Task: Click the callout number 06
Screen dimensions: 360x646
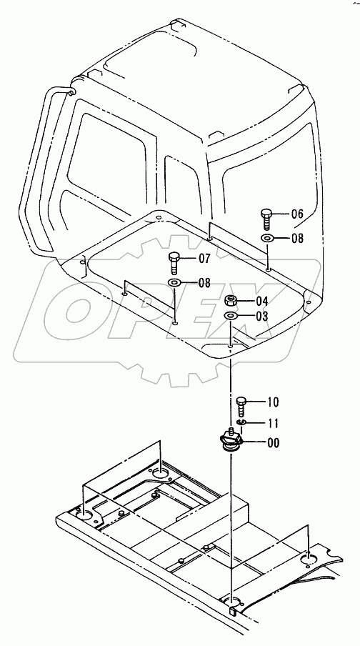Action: [x=297, y=214]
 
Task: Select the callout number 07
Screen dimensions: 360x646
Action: [x=204, y=259]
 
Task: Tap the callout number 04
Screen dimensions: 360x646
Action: [x=262, y=301]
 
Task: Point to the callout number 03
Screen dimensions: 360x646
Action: [x=262, y=317]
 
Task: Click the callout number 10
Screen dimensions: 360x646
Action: [x=273, y=402]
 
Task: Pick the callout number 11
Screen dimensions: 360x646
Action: [x=273, y=423]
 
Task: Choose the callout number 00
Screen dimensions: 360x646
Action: [x=273, y=443]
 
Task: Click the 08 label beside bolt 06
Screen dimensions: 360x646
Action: [x=297, y=238]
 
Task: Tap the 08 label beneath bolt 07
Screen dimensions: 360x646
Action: [x=204, y=283]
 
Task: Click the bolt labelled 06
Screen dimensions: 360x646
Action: [x=266, y=219]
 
